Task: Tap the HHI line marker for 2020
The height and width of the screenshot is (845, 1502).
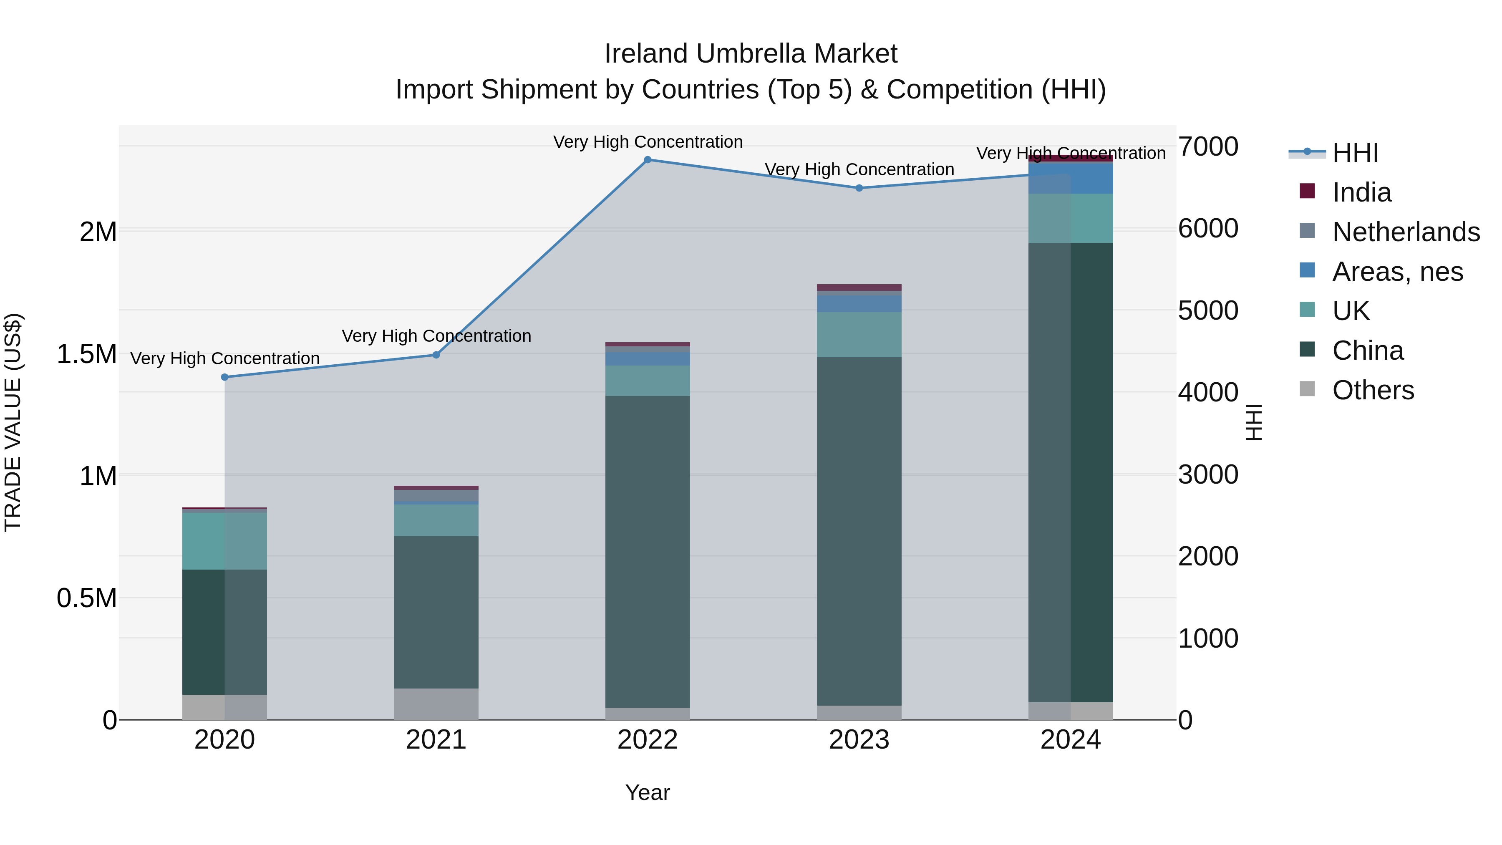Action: pos(224,377)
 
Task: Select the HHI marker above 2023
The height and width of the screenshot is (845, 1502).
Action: pos(859,188)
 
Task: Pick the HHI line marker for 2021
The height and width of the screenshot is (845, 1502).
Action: pos(436,355)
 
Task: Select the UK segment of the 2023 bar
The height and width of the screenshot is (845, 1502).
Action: pos(859,334)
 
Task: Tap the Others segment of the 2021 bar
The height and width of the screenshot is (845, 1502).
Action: pos(436,704)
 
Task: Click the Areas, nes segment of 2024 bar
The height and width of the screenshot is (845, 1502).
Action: pos(1071,179)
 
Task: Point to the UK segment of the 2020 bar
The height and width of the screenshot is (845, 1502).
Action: pos(224,540)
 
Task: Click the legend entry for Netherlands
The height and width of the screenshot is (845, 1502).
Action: pos(1406,232)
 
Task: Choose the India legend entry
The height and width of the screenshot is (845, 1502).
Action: pos(1361,192)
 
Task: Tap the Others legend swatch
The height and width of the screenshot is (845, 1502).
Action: pos(1307,389)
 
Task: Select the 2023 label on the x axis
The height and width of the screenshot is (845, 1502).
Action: pos(859,740)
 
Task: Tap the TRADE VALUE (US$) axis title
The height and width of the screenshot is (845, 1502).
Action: pos(13,422)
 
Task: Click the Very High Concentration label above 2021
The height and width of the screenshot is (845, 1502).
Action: pos(436,336)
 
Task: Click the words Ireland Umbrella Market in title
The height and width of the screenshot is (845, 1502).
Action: pos(751,54)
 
